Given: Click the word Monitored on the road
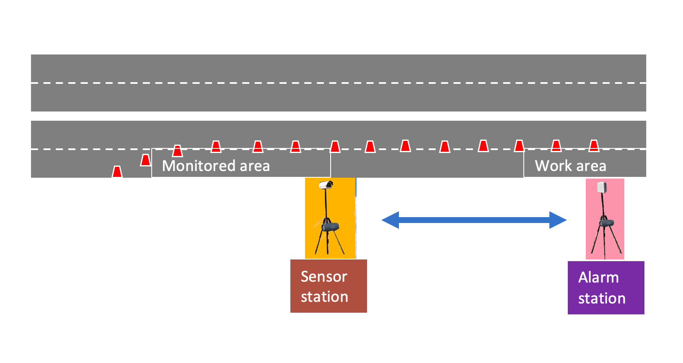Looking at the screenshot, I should pyautogui.click(x=199, y=166).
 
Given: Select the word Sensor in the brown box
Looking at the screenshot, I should pyautogui.click(x=324, y=277).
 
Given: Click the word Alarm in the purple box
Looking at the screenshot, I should pyautogui.click(x=598, y=277).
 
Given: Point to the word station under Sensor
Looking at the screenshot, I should pyautogui.click(x=324, y=297).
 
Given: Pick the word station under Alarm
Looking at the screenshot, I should pyautogui.click(x=602, y=298).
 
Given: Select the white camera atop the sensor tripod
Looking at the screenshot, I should pyautogui.click(x=326, y=184).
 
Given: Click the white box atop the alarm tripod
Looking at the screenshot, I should pyautogui.click(x=602, y=187).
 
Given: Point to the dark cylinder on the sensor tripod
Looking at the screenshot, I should pyautogui.click(x=330, y=227).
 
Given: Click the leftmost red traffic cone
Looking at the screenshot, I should pyautogui.click(x=117, y=171).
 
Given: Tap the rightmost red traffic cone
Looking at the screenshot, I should pyautogui.click(x=594, y=145).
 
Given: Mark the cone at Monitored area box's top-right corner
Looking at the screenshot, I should pyautogui.click(x=335, y=147).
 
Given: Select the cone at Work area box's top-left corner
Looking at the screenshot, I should pyautogui.click(x=519, y=146).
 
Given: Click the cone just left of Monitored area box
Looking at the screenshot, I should pyautogui.click(x=145, y=160).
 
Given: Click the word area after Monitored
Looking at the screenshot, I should pyautogui.click(x=255, y=166).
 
